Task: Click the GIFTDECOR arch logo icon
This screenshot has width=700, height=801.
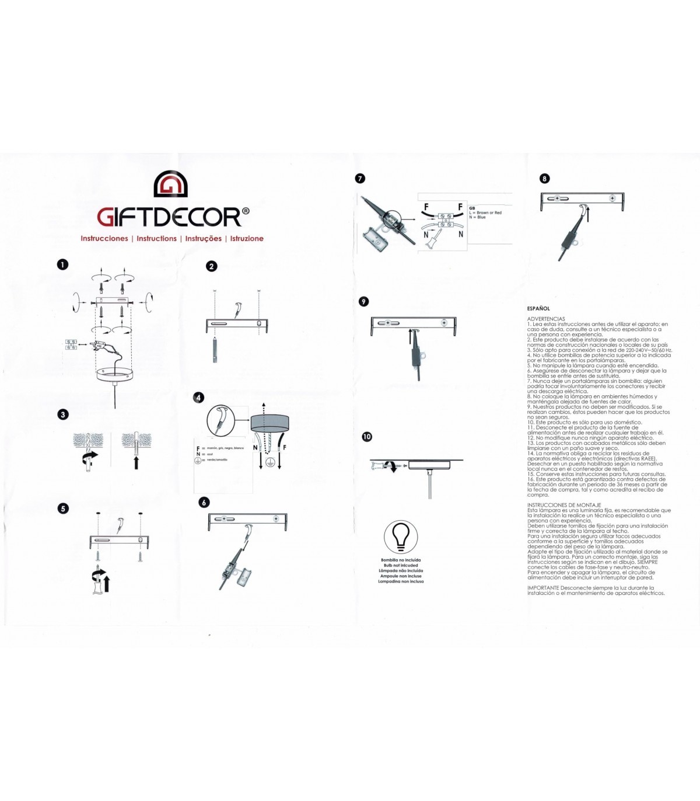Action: click(x=170, y=184)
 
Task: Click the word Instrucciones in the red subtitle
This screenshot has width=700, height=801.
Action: click(x=104, y=239)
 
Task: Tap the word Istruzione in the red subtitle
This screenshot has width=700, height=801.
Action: click(x=247, y=239)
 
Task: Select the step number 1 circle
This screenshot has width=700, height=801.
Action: click(x=62, y=264)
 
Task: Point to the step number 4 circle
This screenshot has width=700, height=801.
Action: click(x=199, y=398)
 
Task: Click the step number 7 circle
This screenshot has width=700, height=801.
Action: click(x=360, y=178)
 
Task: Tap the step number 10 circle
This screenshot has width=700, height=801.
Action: click(x=366, y=437)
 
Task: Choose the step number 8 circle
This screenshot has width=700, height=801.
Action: click(x=544, y=179)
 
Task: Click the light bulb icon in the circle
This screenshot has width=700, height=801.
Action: click(x=401, y=537)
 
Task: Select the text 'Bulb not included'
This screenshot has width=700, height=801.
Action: click(x=401, y=566)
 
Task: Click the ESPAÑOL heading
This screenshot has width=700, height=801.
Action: click(x=538, y=308)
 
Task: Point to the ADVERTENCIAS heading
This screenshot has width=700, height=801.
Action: click(x=546, y=319)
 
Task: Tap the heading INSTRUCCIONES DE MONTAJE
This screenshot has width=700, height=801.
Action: click(x=564, y=505)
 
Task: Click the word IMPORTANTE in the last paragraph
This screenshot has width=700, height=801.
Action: click(x=544, y=588)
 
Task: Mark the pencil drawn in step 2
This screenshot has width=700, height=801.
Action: click(x=215, y=349)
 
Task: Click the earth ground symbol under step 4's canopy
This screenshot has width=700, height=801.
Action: click(x=270, y=461)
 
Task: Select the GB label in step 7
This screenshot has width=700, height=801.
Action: click(x=472, y=208)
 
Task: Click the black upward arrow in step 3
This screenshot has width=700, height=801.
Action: click(x=136, y=462)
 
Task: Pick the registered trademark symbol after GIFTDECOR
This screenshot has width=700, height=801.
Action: click(x=246, y=211)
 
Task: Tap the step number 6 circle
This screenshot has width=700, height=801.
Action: click(x=204, y=503)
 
